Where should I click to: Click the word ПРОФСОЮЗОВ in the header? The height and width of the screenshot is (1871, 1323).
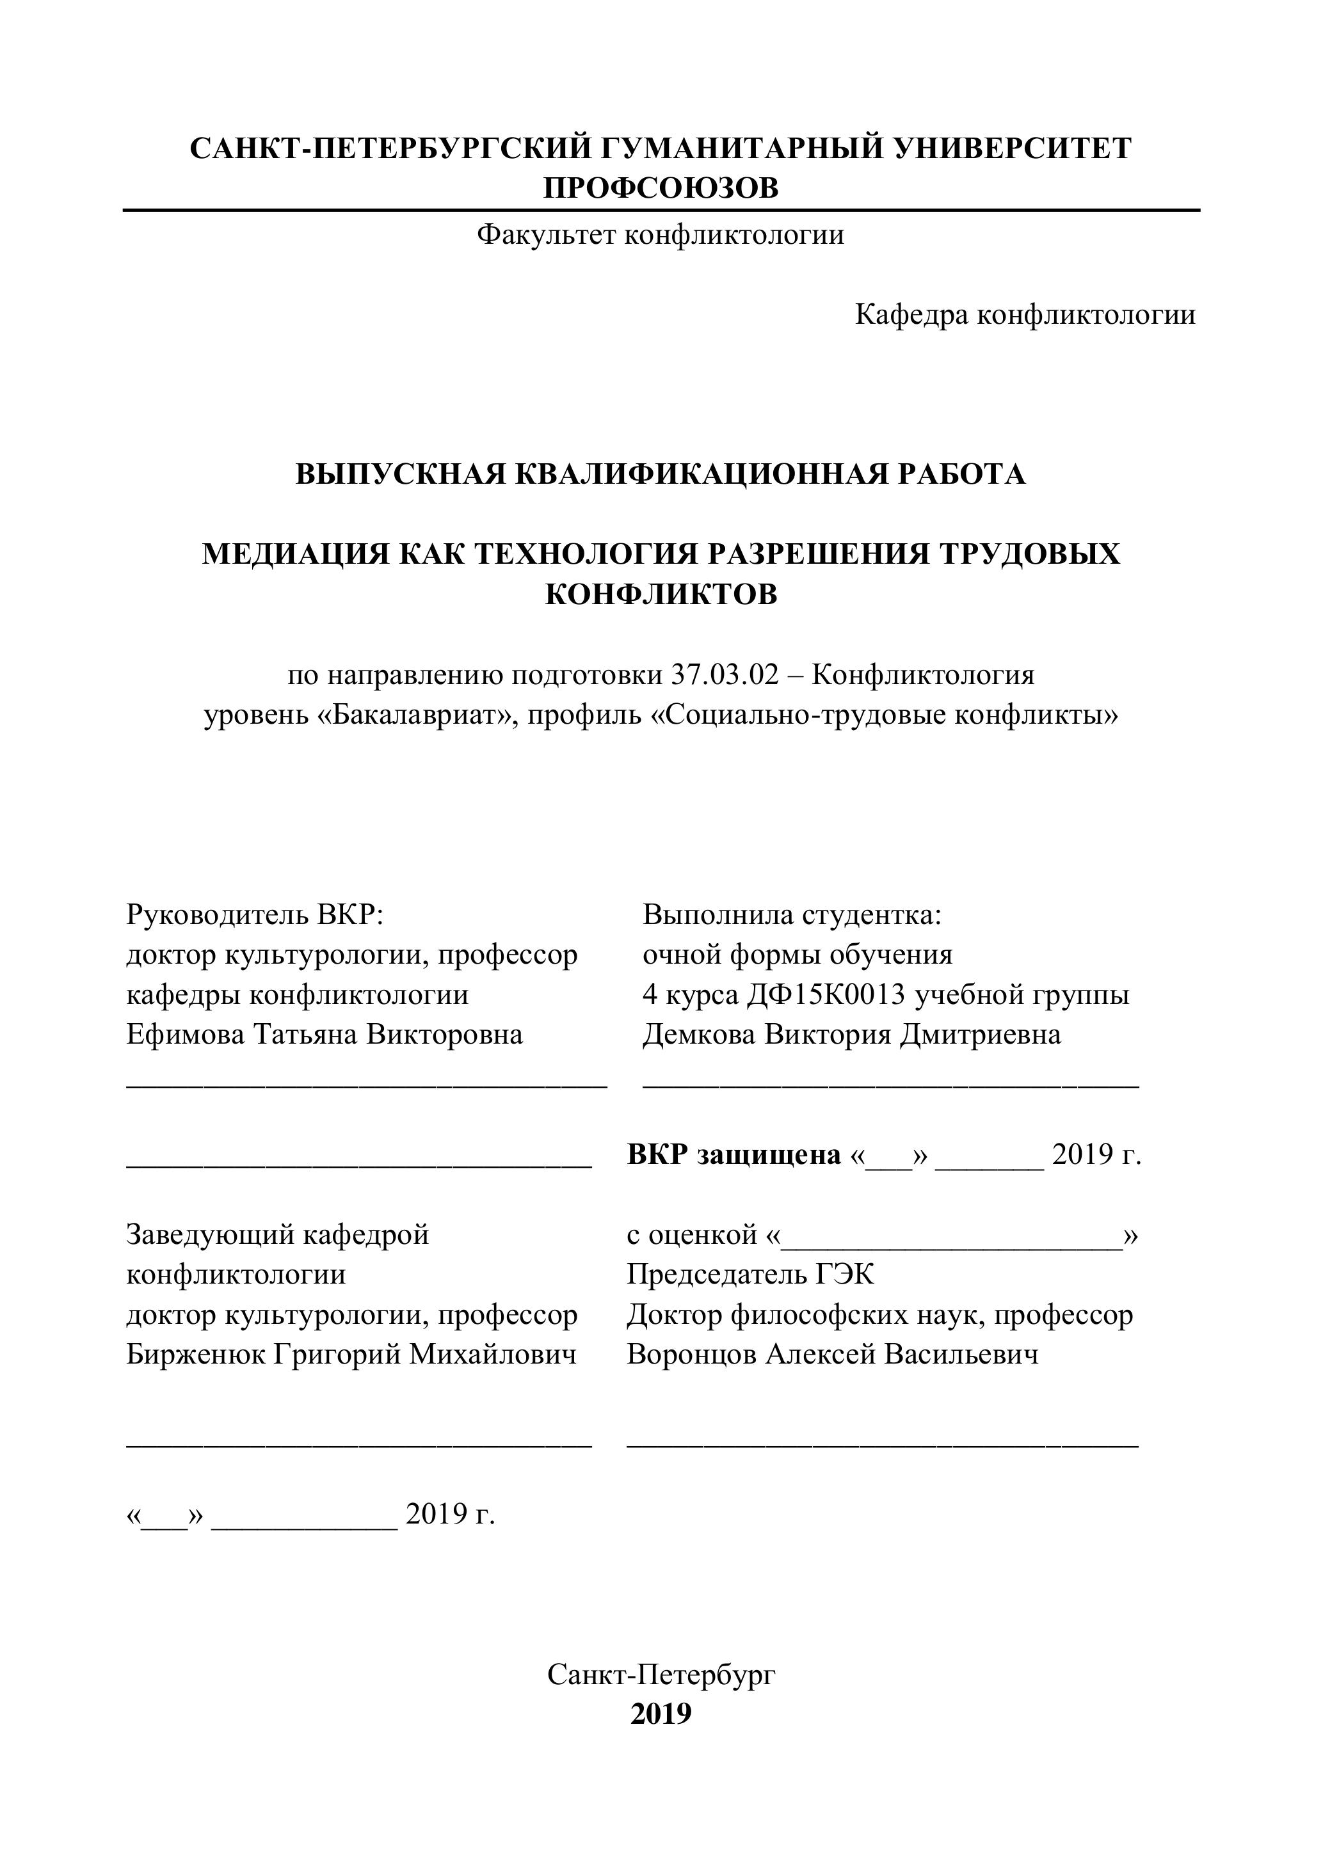[x=661, y=188]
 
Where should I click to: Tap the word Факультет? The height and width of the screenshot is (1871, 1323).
[x=545, y=235]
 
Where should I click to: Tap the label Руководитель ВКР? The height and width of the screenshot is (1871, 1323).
[x=254, y=914]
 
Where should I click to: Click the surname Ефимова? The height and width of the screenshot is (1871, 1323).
[x=185, y=1034]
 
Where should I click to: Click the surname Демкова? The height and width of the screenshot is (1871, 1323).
[x=698, y=1034]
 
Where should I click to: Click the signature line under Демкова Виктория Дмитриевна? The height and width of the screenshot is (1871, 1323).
[x=890, y=1085]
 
